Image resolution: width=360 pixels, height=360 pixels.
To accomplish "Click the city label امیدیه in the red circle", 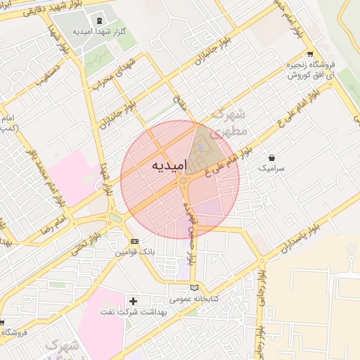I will click(x=169, y=166).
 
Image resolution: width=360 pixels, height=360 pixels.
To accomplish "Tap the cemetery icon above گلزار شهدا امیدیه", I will click(x=97, y=20).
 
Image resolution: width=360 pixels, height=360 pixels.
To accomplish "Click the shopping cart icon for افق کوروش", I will click(x=310, y=54).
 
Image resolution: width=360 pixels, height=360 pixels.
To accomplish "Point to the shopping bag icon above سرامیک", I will click(x=272, y=157).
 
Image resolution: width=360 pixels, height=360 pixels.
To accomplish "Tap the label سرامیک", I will click(x=272, y=169).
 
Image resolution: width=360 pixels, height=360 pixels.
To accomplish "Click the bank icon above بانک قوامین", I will click(x=135, y=240).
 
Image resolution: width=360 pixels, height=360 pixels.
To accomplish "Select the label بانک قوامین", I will click(x=134, y=252).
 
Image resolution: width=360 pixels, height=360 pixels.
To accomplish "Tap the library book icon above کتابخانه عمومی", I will click(x=195, y=288).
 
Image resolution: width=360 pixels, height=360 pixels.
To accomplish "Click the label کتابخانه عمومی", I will click(x=195, y=299).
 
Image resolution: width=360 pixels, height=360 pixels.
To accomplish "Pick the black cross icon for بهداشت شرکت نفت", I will click(x=134, y=301).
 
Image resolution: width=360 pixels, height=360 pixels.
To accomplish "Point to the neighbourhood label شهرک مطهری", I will click(x=229, y=122).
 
